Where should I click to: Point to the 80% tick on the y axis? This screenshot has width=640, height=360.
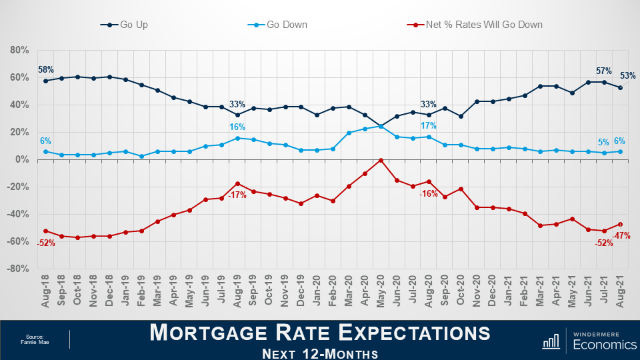19,50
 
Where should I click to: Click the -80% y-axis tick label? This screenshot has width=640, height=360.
18,268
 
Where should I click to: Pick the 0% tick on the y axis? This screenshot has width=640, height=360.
21,159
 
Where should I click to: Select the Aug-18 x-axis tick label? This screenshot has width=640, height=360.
46,291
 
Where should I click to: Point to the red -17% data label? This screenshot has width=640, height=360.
237,196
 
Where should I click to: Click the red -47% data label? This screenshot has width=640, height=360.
621,235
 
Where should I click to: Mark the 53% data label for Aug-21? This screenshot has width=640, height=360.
627,76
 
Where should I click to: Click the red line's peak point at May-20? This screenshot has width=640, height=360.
381,160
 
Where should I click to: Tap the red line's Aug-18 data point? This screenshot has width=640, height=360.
45,231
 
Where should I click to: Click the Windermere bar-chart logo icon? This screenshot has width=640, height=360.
551,341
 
